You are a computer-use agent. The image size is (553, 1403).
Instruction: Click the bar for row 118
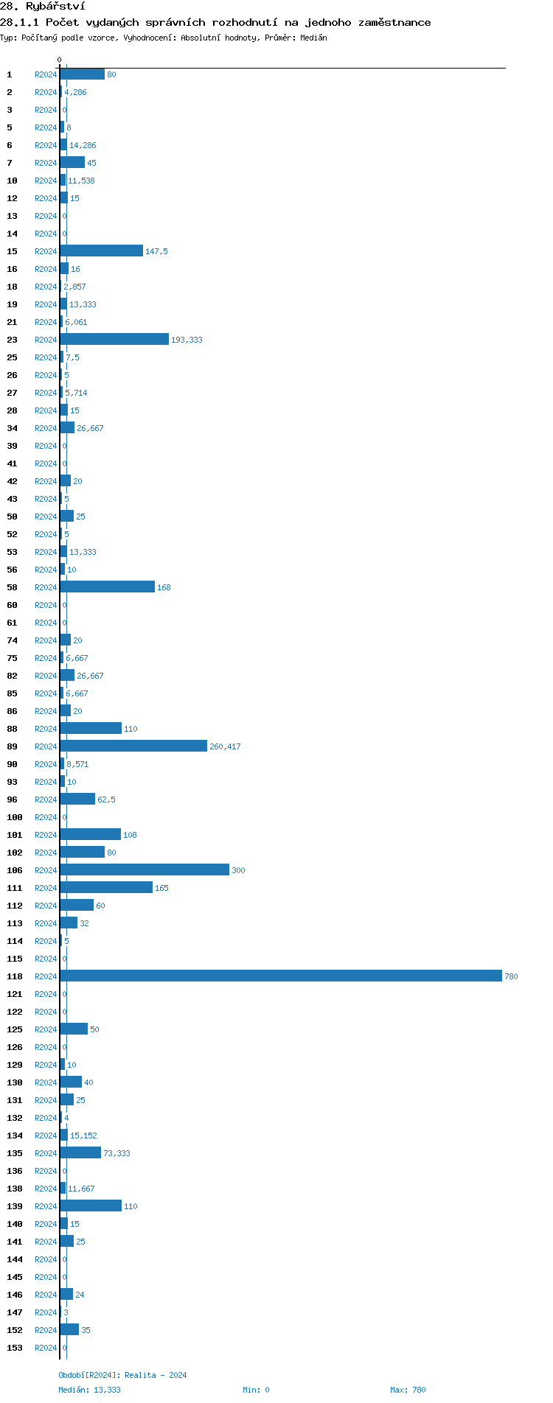point(280,976)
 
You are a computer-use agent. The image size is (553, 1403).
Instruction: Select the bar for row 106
point(145,870)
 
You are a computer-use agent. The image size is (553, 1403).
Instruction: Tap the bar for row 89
point(133,746)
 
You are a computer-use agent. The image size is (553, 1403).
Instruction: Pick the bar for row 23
point(114,339)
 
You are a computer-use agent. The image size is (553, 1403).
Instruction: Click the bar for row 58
point(107,587)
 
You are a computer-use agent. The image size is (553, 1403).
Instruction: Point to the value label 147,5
point(156,251)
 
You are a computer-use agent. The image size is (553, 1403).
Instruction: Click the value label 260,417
point(225,746)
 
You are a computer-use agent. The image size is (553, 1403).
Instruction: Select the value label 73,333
point(116,1153)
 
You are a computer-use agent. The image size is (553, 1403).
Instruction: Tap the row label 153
point(15,1348)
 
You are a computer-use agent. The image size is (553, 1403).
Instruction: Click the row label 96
point(13,800)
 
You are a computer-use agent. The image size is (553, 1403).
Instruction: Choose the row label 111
point(15,888)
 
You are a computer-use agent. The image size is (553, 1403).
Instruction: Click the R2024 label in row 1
point(46,74)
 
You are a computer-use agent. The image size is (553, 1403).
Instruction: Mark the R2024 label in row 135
point(46,1153)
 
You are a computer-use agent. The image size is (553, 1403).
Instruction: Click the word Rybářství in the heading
point(55,6)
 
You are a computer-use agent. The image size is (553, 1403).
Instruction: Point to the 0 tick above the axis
point(60,60)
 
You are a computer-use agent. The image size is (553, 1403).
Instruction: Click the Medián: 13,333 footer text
point(89,1390)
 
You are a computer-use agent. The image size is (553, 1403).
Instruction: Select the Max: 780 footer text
point(408,1390)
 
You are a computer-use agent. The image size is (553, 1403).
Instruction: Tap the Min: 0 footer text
point(256,1390)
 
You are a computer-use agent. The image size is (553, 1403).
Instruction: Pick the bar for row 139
point(91,1206)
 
